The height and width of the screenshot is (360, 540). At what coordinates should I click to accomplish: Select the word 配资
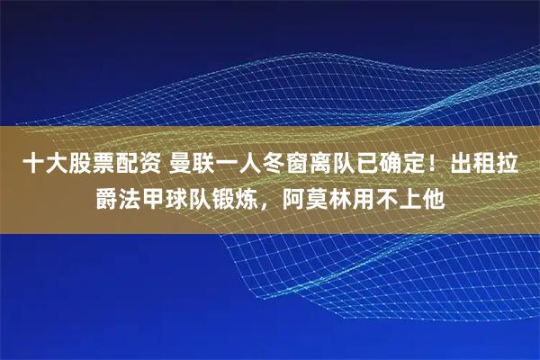(x=134, y=165)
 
